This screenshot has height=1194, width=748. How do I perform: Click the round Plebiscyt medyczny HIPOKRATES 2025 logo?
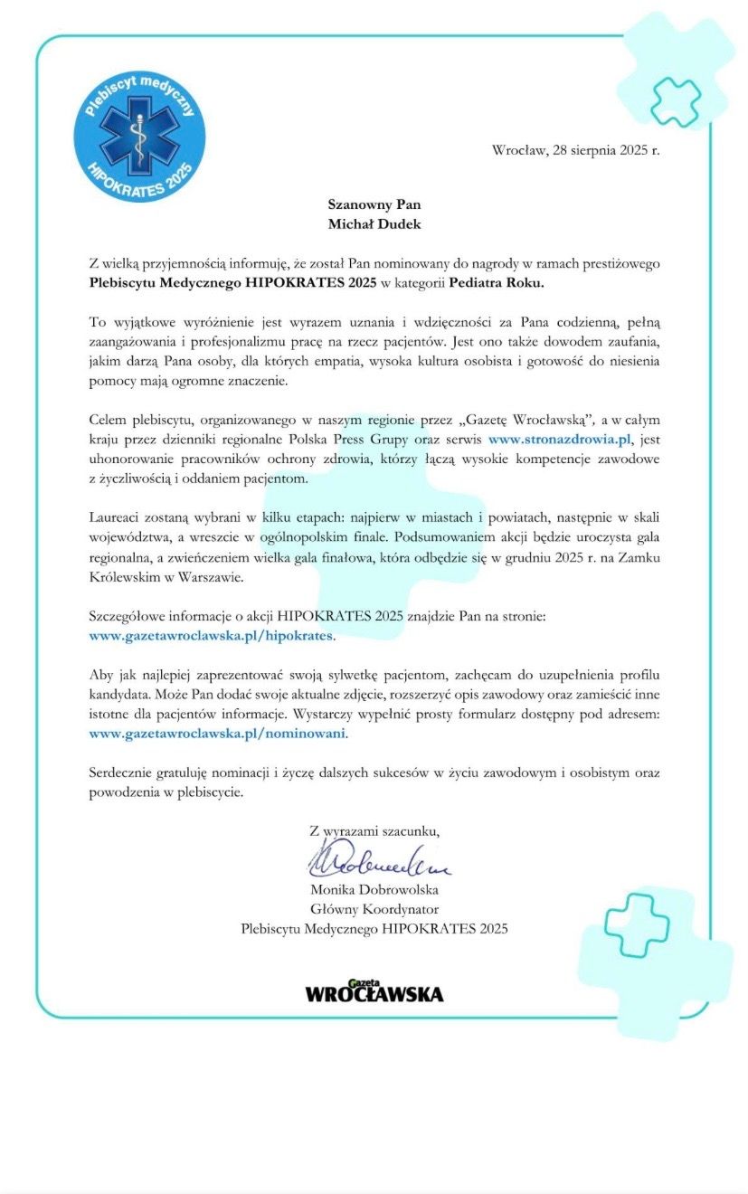tap(139, 137)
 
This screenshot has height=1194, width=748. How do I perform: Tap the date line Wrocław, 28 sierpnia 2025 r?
tap(576, 150)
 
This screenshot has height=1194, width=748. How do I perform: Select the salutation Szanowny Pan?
tap(374, 204)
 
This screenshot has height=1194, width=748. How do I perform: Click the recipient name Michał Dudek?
tap(374, 223)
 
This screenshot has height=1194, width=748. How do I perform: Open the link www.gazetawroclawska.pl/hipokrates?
tap(211, 636)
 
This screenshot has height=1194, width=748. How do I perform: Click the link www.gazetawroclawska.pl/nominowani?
tap(217, 734)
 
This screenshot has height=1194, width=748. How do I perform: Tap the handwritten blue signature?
tap(379, 858)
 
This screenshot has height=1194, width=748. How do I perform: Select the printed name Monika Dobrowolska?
tap(374, 889)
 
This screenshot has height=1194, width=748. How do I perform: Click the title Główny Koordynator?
tap(374, 909)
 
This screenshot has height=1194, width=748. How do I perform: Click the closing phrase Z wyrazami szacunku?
tap(374, 830)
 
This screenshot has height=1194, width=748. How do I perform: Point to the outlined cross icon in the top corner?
tap(675, 101)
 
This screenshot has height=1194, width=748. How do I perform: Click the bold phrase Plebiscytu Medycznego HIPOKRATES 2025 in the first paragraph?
tap(233, 283)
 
